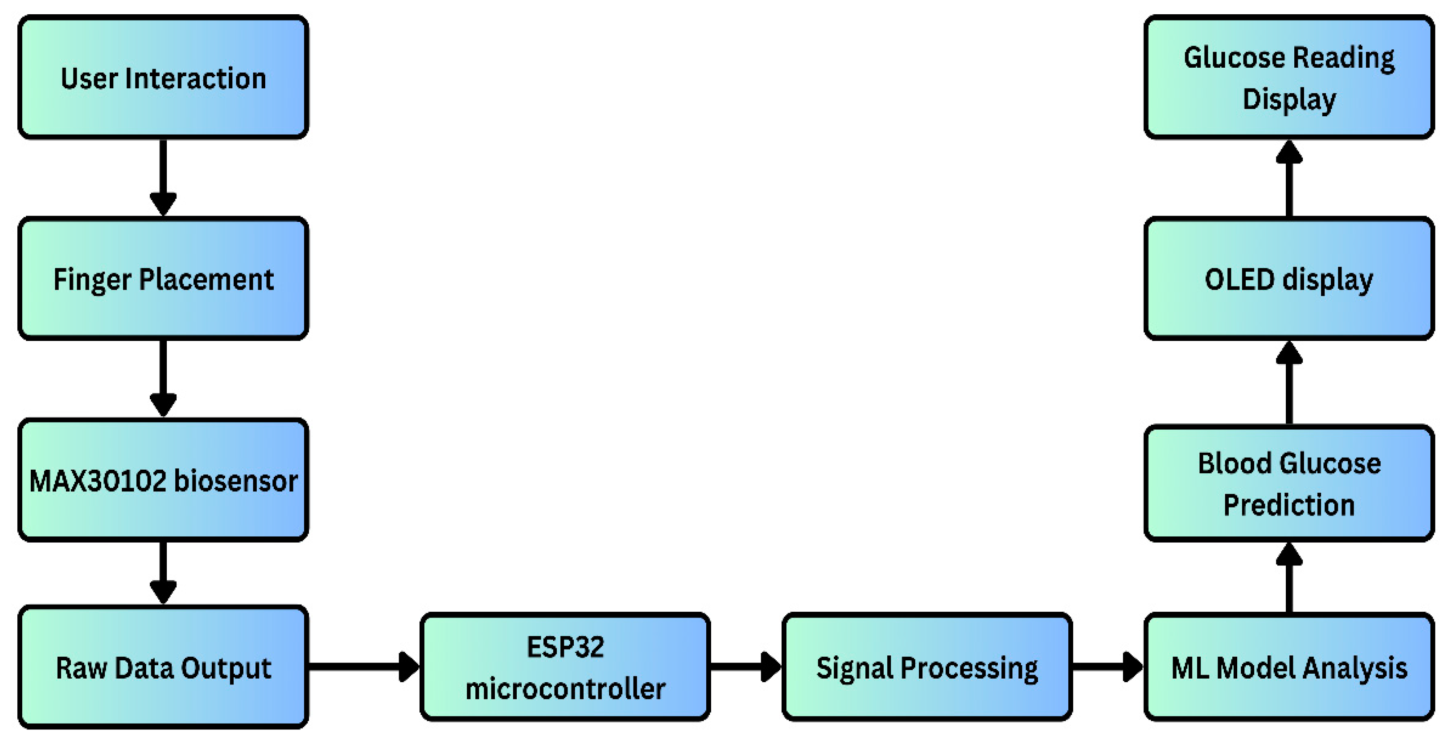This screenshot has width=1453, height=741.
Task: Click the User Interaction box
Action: [163, 77]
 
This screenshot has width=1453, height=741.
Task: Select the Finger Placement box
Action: [163, 278]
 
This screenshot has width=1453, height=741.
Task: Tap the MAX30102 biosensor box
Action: [163, 480]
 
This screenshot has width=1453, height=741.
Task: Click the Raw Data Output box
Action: [163, 667]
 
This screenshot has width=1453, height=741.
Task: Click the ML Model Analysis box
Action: [1289, 667]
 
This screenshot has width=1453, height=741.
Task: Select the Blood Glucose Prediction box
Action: [1289, 483]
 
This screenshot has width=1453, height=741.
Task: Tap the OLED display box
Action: [1289, 278]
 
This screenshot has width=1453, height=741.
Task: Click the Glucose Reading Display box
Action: [1289, 77]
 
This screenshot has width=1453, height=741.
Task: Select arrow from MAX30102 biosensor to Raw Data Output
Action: [163, 572]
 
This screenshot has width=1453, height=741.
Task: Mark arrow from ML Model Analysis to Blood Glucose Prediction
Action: [1289, 578]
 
